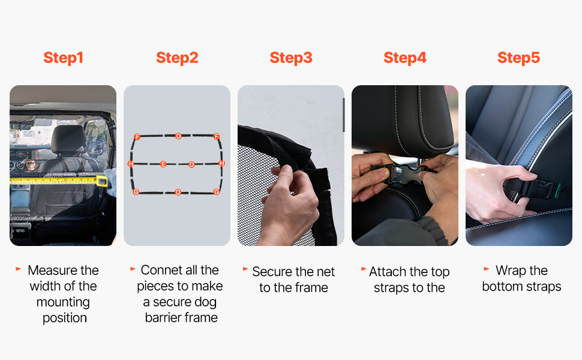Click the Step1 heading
point(63,58)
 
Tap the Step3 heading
point(291,58)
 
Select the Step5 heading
point(518,58)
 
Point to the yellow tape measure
point(59,181)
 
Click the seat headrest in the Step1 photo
point(68,139)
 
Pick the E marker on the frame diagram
point(163,164)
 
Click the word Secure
point(272,272)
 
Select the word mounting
point(63,302)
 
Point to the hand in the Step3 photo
point(292,204)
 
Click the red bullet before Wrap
point(487,269)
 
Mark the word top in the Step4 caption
point(440,272)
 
